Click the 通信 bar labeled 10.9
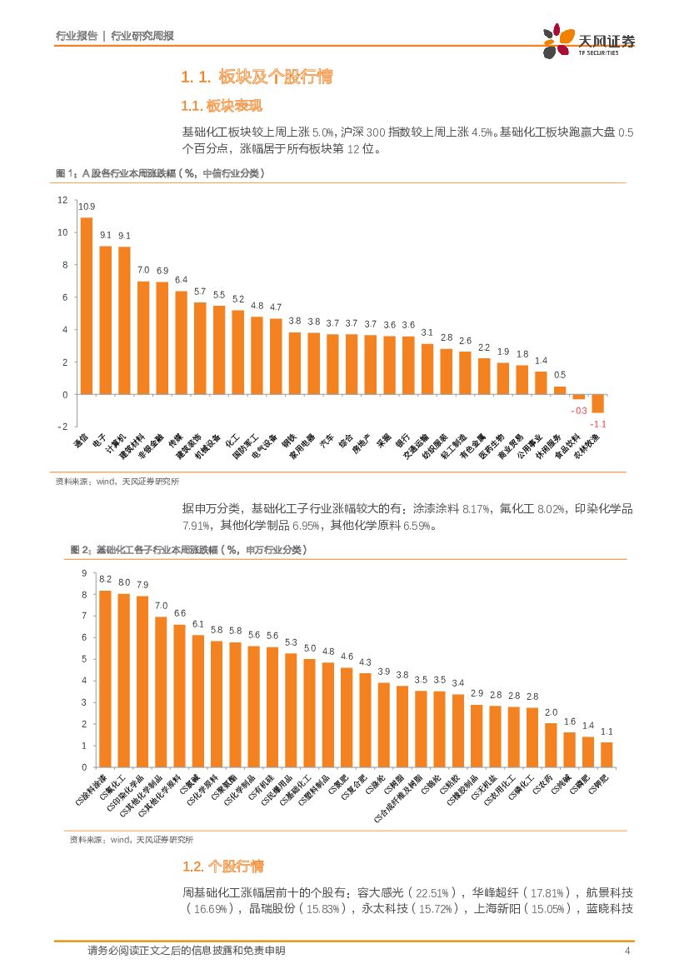tap(86, 306)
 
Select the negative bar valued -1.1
tap(597, 403)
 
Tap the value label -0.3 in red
tap(579, 411)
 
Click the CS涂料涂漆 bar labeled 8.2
tap(105, 678)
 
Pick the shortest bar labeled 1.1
tap(607, 754)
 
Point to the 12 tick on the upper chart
tap(62, 200)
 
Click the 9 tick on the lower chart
tap(82, 573)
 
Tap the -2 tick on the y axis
tap(62, 427)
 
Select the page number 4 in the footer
tap(627, 952)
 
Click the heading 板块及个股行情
tap(275, 77)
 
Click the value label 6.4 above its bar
tap(181, 280)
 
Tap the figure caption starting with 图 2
tap(187, 550)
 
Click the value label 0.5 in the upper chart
tap(560, 375)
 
